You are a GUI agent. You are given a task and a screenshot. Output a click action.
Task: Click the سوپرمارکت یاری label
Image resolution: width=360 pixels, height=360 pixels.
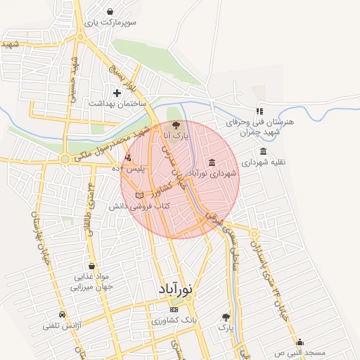coord(111,22)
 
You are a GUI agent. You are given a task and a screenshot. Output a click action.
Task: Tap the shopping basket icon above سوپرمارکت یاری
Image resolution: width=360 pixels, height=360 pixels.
coord(111,11)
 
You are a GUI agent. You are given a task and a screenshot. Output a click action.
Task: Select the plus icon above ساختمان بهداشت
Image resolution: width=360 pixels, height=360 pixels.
coord(117,93)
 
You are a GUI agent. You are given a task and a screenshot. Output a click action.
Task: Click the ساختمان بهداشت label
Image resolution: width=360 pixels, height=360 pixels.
coord(117,103)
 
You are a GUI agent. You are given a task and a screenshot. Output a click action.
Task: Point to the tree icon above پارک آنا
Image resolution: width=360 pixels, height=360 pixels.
coord(176,124)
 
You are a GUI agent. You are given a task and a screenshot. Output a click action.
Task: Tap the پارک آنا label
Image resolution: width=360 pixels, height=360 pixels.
coord(176,134)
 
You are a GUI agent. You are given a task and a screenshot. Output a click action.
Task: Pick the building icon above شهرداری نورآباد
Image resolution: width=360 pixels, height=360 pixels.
coord(212,162)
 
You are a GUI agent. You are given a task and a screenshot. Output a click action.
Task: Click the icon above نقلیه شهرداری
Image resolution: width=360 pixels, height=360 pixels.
coord(263,151)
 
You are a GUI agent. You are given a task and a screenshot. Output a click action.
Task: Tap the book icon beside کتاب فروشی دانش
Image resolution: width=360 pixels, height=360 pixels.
coord(139,195)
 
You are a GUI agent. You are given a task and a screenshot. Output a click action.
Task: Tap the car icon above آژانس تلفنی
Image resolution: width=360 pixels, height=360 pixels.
coord(63,314)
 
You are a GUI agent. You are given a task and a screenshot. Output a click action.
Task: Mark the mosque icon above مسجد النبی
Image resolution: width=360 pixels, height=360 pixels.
coord(300,342)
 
